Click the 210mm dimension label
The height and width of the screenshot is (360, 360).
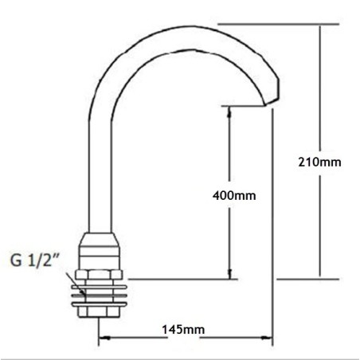[x=319, y=162]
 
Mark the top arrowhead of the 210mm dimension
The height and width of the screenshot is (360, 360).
[x=321, y=28]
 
